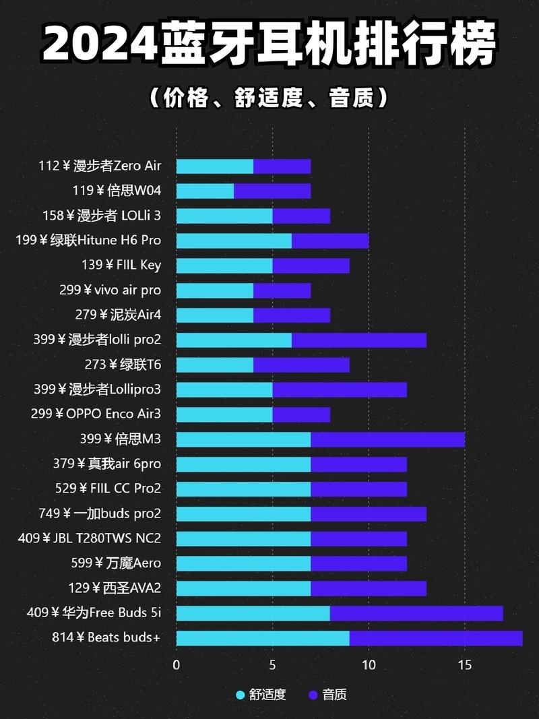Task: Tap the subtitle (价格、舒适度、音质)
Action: (x=269, y=98)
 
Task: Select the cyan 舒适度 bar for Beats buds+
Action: (x=263, y=637)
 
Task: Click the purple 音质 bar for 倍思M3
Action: (x=387, y=439)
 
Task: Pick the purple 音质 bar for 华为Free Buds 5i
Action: (x=416, y=613)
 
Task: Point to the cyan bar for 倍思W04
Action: (x=205, y=191)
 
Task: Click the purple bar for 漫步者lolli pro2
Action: (x=358, y=340)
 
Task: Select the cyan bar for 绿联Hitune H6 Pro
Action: (x=234, y=241)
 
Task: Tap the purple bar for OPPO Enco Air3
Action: (x=301, y=414)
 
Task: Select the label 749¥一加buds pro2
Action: (x=100, y=513)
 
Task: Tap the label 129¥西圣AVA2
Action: (x=115, y=588)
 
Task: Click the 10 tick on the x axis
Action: (x=369, y=664)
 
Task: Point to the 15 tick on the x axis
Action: (x=464, y=664)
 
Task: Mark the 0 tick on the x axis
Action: (x=177, y=664)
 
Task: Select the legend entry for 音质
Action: (x=327, y=695)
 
